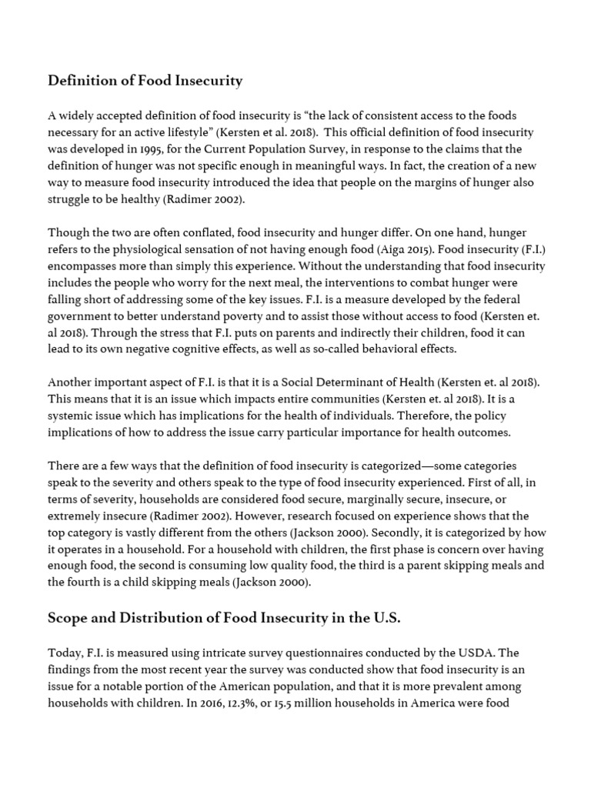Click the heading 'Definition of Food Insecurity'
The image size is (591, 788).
point(145,80)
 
